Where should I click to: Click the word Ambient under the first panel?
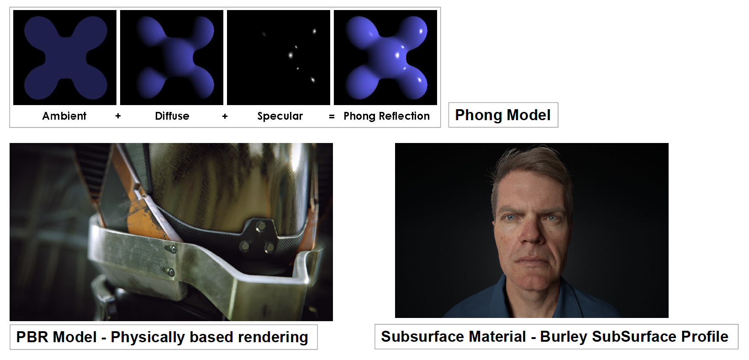coord(64,116)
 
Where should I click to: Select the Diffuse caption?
coord(172,116)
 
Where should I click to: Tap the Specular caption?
coord(280,116)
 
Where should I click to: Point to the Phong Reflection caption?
coord(386,116)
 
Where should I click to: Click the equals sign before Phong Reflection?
coord(332,116)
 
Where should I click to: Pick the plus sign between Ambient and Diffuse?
coord(118,116)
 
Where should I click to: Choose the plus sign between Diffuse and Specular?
coord(225,116)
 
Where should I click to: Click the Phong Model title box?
coord(503,115)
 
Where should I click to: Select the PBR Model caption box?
coord(164,337)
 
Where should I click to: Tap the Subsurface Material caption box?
coord(556,337)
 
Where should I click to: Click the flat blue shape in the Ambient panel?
coord(65,58)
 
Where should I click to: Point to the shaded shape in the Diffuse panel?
coord(174,58)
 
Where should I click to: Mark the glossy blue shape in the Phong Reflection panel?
coord(386,58)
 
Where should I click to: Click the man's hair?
coord(532,167)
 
